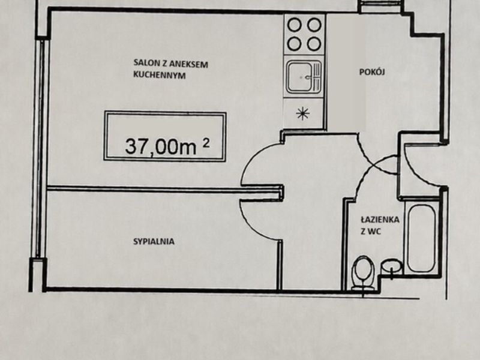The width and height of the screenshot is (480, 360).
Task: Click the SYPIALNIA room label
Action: click(x=154, y=242)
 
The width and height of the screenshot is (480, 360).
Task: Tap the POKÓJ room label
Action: click(x=372, y=71)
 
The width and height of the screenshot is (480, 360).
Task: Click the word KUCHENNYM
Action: click(x=159, y=75)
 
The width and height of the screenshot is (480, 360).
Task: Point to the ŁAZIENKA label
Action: click(x=380, y=220)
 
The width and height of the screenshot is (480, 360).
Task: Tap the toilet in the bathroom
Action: click(x=363, y=273)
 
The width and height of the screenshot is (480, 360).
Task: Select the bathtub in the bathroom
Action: click(x=421, y=238)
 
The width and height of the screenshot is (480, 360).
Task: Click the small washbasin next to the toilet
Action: click(x=391, y=266)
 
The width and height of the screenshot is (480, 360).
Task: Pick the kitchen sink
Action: click(x=304, y=77)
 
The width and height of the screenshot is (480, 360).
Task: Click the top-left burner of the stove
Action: click(x=295, y=25)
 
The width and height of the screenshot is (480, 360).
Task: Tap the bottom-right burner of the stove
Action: click(x=314, y=44)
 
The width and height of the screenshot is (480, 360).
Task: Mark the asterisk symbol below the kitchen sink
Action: click(x=303, y=113)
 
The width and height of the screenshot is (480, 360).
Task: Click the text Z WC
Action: click(x=371, y=232)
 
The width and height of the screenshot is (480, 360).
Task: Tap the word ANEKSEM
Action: click(x=188, y=64)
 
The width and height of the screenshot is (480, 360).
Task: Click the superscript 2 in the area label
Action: click(x=206, y=143)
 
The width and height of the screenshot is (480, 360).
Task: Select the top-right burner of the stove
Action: click(x=314, y=25)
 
